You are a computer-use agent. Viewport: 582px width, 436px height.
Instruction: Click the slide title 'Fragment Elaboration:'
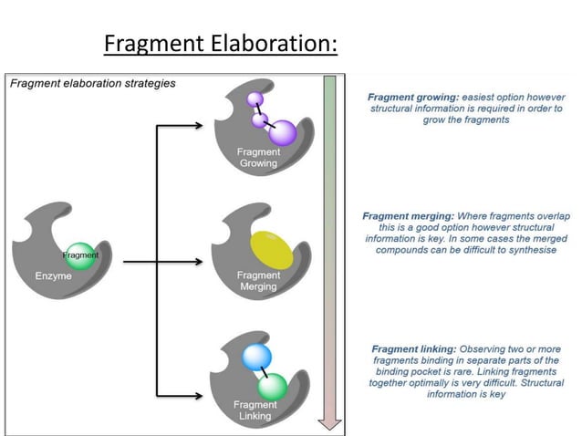(x=220, y=44)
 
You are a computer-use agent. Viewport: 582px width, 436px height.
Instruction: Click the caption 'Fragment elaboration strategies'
(x=92, y=83)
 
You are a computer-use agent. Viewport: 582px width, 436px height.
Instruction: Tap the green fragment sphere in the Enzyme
(x=80, y=255)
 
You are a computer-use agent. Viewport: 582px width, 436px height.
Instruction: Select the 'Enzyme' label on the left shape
(x=55, y=275)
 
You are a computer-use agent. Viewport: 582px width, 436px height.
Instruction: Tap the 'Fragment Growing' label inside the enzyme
(x=258, y=157)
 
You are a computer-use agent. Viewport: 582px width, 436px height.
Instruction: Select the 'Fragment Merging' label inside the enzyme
(x=258, y=281)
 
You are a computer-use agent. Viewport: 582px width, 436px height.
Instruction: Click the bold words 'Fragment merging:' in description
(x=407, y=216)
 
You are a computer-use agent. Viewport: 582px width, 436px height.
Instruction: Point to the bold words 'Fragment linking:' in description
(x=411, y=349)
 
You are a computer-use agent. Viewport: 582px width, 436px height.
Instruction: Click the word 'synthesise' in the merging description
(x=527, y=250)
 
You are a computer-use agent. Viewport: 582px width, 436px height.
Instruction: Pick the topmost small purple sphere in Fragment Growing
(x=255, y=98)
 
